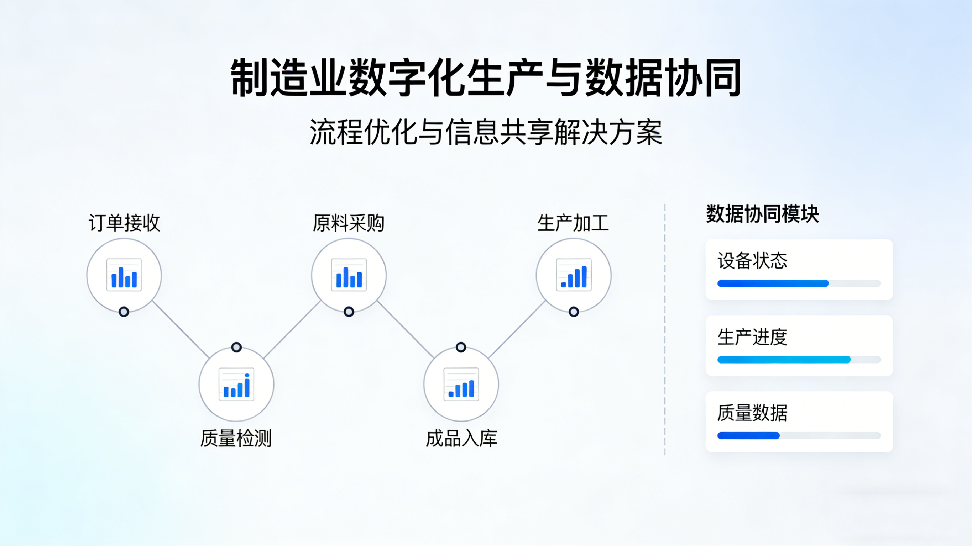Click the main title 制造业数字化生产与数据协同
click(486, 78)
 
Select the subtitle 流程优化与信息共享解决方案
click(486, 132)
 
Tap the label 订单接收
click(124, 223)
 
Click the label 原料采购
click(349, 223)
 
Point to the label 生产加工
click(573, 223)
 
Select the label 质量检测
click(236, 439)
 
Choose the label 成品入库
click(461, 439)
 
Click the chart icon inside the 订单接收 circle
click(124, 275)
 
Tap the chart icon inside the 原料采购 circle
click(349, 275)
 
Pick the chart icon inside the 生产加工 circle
click(574, 275)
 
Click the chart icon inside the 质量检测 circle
click(236, 384)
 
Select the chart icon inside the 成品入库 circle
click(461, 384)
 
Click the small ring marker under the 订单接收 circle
click(124, 312)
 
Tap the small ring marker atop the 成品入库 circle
click(461, 347)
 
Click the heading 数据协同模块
click(762, 214)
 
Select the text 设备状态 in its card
click(752, 261)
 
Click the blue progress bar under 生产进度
click(784, 360)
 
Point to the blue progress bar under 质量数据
click(748, 436)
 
